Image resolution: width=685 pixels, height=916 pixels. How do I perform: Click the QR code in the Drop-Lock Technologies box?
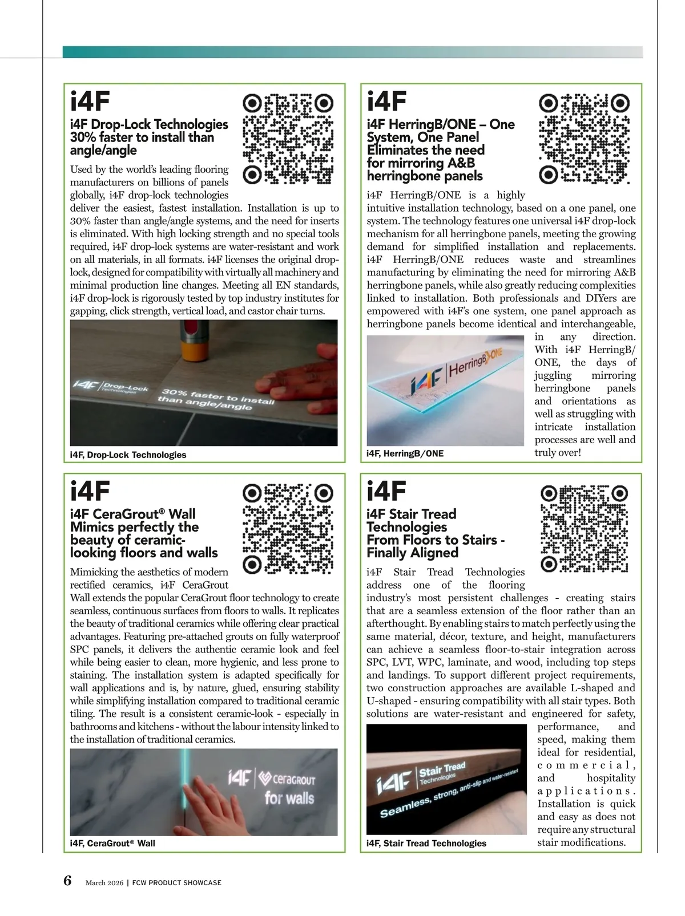(x=288, y=139)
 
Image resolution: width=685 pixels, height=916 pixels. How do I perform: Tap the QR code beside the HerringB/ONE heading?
(x=585, y=139)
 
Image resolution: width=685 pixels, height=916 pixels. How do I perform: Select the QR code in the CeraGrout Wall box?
(x=288, y=529)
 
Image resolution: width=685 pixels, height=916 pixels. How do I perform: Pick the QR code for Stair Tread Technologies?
(x=585, y=529)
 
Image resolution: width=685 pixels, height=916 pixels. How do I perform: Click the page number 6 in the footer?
(x=68, y=881)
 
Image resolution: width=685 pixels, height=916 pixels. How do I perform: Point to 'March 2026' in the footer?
(x=104, y=882)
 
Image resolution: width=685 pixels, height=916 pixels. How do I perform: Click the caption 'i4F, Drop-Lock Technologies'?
(x=128, y=455)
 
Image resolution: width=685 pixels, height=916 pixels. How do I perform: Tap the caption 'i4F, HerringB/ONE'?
(x=405, y=453)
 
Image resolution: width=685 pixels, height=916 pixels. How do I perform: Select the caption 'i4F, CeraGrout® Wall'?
(x=112, y=843)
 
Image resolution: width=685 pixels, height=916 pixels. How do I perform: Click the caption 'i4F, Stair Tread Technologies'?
(x=426, y=843)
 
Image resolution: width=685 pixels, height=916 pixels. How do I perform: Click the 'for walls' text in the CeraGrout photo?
(x=289, y=797)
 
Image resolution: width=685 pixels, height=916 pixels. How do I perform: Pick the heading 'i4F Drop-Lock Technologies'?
(x=149, y=124)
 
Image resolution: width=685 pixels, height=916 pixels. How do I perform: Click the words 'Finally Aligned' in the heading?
(x=412, y=553)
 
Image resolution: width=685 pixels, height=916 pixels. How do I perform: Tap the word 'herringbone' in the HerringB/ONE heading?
(x=397, y=176)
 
